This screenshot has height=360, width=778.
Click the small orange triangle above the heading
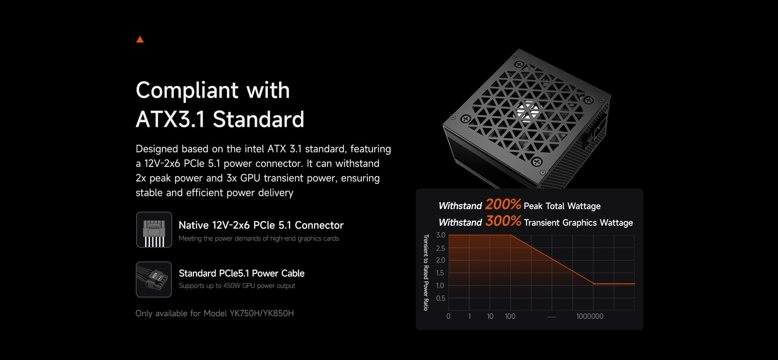click(140, 39)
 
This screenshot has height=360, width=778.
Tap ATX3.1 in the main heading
click(171, 119)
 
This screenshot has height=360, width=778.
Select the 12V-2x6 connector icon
click(154, 229)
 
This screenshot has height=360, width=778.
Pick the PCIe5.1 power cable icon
click(154, 279)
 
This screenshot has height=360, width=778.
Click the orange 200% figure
click(503, 204)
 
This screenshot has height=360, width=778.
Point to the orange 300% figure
click(503, 221)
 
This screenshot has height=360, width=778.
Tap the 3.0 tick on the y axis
click(440, 235)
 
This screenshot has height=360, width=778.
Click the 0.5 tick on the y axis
click(440, 298)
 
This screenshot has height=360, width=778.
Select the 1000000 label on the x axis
click(590, 316)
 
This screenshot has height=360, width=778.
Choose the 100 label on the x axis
click(510, 316)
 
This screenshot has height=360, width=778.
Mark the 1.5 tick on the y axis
click(440, 273)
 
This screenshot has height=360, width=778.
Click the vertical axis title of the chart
click(426, 272)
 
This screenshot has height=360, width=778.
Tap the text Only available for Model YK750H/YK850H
click(215, 313)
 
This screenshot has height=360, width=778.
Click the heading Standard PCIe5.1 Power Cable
click(242, 273)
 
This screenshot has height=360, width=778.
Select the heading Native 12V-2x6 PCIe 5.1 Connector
click(261, 225)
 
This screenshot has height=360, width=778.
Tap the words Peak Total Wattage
click(562, 206)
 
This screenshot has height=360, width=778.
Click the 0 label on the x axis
click(448, 316)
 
